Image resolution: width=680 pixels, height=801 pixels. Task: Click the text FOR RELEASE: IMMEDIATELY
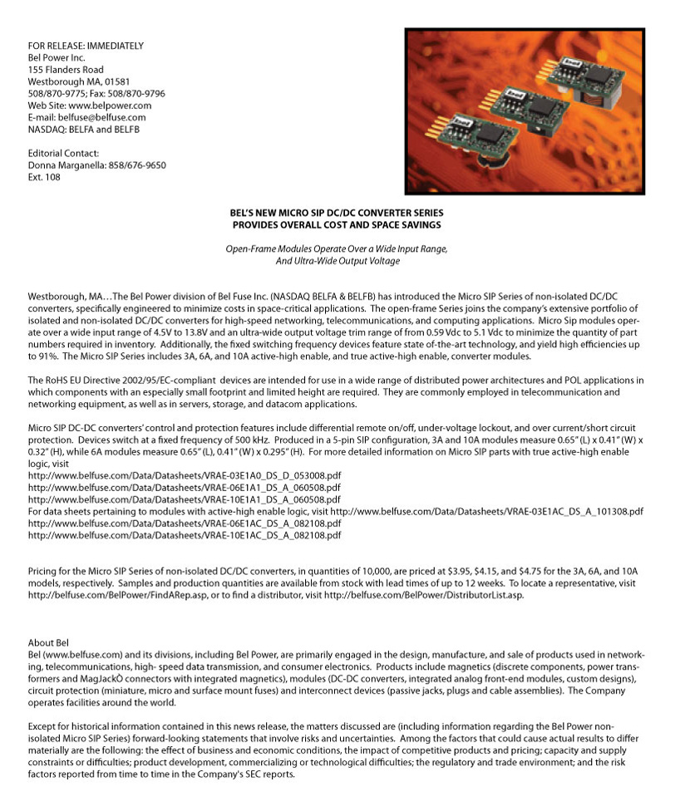[86, 46]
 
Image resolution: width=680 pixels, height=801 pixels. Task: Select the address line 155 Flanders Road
[66, 70]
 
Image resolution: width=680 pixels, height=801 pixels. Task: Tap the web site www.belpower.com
[108, 106]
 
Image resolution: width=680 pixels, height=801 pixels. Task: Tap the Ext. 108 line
[44, 177]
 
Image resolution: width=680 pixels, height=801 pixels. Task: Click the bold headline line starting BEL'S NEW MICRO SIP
[338, 214]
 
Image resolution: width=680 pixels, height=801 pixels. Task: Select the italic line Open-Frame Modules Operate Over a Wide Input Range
[338, 249]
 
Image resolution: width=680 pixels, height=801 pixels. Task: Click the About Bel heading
[47, 643]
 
